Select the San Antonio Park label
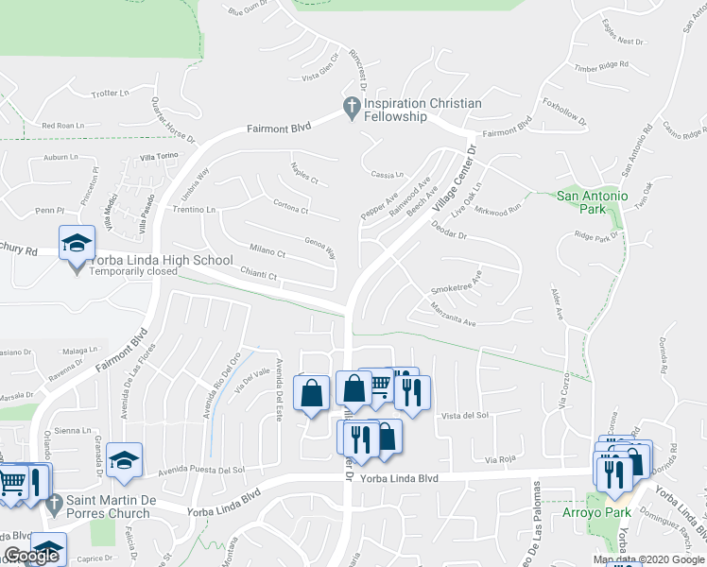[x=592, y=197]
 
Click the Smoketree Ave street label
[x=457, y=282]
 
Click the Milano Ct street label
[x=267, y=252]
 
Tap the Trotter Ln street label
[x=111, y=94]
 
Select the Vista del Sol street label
[x=464, y=415]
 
